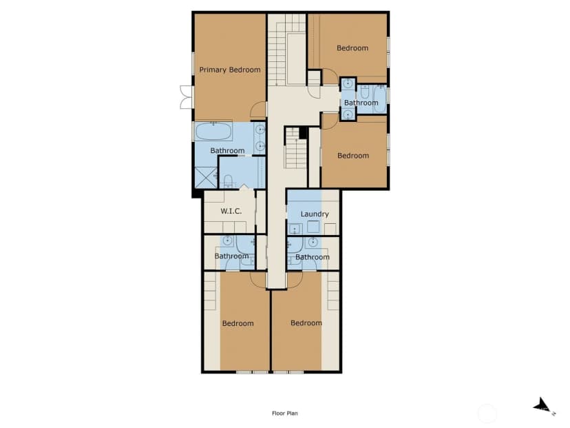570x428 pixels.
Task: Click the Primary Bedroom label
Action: [230, 70]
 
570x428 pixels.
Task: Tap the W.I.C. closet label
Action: [231, 211]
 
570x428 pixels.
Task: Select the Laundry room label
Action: [315, 214]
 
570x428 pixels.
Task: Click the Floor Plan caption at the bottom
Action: [284, 413]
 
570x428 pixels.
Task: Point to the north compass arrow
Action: [542, 405]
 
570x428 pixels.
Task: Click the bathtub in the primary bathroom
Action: [213, 132]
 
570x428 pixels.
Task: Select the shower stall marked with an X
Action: [206, 177]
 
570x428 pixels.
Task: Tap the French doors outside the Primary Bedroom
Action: [186, 97]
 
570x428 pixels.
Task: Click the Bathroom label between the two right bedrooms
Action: [361, 103]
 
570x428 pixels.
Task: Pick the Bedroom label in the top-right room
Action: [352, 48]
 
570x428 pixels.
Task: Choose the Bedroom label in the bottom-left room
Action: [237, 323]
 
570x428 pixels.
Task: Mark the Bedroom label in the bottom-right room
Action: [306, 323]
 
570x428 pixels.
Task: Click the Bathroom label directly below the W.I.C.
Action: [231, 256]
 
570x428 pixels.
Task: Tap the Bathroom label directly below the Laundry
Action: [313, 257]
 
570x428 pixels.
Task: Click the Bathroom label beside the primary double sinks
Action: [227, 150]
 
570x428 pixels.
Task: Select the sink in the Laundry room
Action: [295, 229]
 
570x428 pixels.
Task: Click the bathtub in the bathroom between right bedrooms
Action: [380, 99]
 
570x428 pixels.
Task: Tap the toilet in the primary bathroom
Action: [228, 181]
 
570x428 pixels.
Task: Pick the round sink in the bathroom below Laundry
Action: [313, 241]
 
